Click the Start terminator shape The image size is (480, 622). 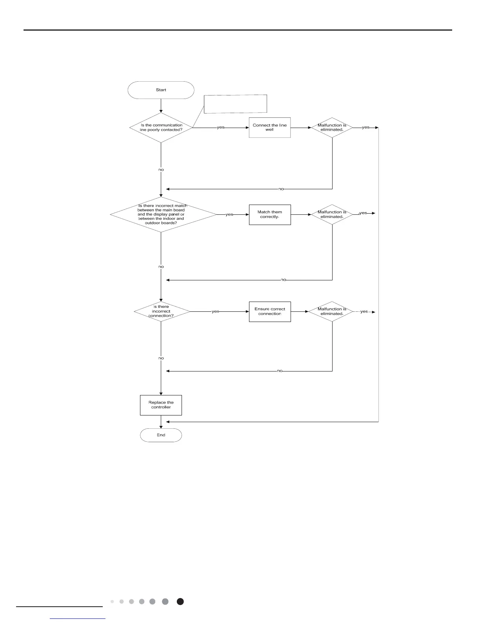(x=161, y=90)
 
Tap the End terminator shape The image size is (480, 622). (x=161, y=435)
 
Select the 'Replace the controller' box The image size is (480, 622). (x=161, y=405)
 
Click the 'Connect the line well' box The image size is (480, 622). (x=270, y=128)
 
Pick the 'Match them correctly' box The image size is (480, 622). (x=270, y=214)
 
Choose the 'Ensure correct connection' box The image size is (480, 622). (x=270, y=311)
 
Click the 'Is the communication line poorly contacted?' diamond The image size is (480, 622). (x=161, y=128)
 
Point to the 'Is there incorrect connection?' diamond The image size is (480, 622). (x=162, y=311)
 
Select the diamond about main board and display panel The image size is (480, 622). (x=163, y=214)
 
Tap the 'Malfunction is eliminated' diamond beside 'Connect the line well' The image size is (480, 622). (x=332, y=128)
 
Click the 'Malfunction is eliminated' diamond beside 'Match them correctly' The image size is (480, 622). (x=332, y=214)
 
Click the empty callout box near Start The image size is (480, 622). (x=235, y=104)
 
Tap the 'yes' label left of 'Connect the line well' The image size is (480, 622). (x=221, y=128)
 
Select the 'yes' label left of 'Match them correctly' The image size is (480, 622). (x=229, y=215)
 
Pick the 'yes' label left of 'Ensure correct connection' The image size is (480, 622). (x=215, y=311)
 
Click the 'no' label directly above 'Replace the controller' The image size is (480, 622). (x=161, y=358)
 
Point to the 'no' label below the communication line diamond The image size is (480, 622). (x=161, y=170)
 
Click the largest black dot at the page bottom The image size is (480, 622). (x=180, y=602)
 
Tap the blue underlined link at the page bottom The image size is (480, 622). (x=78, y=618)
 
